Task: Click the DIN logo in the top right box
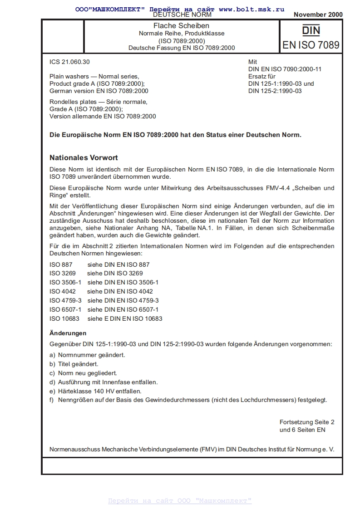point(311,30)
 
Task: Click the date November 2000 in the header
point(318,15)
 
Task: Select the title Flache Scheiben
point(182,26)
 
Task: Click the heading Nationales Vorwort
point(84,158)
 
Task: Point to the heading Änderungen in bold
point(68,333)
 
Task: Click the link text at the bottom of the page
point(180,501)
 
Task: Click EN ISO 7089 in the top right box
point(311,45)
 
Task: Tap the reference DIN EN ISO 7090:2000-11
point(285,69)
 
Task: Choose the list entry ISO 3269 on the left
point(63,273)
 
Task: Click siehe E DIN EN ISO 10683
point(125,318)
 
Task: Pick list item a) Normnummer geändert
point(87,355)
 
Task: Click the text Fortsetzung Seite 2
point(307,422)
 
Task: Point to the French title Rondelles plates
point(98,102)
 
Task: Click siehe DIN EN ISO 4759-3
point(123,300)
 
